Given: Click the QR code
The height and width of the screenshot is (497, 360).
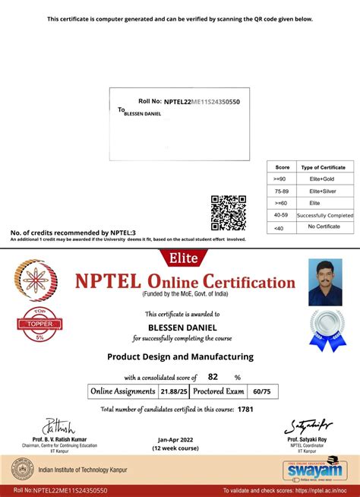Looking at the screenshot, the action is point(228,212).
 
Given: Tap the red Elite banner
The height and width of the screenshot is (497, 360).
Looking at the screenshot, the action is point(179,258).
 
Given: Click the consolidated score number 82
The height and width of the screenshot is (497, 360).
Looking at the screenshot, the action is point(213,376).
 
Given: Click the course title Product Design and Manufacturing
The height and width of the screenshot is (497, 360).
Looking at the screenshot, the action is point(180,356).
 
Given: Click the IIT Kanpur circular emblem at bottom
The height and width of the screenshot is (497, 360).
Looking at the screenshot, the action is point(27,470).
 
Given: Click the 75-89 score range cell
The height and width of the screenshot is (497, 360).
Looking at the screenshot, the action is point(282,191).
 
